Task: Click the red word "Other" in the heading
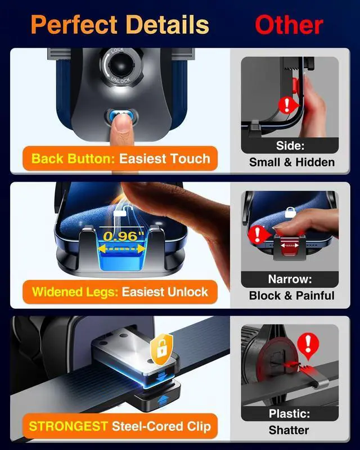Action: click(x=289, y=25)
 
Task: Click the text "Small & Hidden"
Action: click(x=291, y=162)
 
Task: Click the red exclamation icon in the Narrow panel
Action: click(x=257, y=233)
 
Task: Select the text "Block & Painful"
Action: click(x=291, y=295)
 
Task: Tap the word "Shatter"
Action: click(x=289, y=430)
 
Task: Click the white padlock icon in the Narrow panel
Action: click(x=290, y=212)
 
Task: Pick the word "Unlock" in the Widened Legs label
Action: click(x=189, y=292)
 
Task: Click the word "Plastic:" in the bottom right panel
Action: click(x=289, y=414)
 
